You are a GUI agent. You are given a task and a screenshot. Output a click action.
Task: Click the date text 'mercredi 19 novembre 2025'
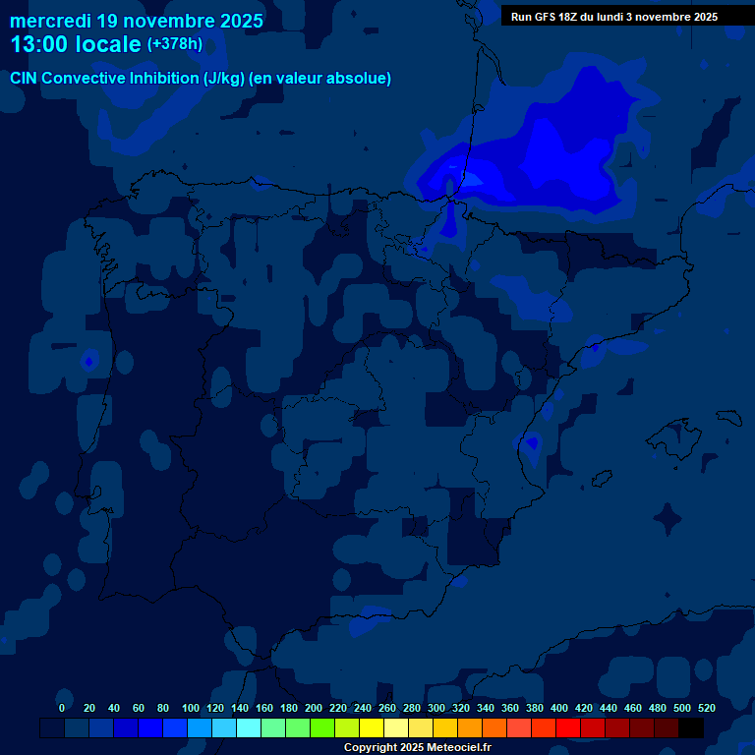coord(136,21)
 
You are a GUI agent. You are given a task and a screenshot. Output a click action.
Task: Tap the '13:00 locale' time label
coord(75,44)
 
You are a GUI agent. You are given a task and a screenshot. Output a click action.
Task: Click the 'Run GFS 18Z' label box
coord(613,17)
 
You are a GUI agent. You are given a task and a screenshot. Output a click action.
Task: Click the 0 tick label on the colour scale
coord(62,708)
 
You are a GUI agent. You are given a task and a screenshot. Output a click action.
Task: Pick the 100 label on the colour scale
coord(191,708)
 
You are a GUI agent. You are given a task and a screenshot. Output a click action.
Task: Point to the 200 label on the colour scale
coord(314,708)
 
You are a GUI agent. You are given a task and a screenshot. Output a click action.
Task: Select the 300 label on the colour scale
coord(436,708)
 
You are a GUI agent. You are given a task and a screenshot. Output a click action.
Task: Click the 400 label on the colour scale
coord(559,708)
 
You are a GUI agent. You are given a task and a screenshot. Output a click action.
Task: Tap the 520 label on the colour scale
coord(707,708)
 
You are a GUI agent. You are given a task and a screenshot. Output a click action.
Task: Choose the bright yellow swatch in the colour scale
coord(372,728)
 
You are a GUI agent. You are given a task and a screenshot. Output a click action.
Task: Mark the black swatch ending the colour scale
coord(691,728)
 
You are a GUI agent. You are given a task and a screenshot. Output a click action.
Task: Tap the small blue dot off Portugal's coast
coord(88,362)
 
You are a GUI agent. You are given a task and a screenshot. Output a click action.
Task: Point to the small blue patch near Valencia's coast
coord(532,443)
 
